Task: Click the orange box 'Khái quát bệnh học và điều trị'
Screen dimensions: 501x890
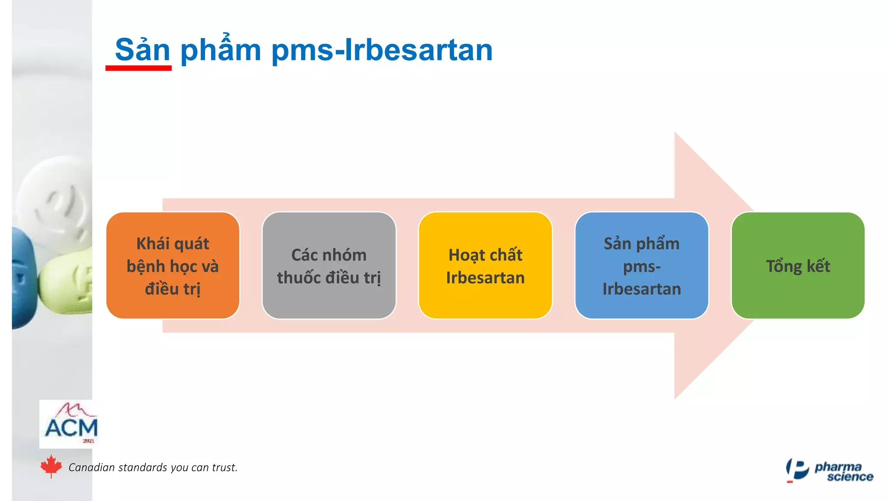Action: tap(173, 266)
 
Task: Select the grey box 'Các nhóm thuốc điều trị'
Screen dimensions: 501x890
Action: tap(329, 266)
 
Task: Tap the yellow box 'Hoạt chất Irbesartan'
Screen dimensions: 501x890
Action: tap(485, 266)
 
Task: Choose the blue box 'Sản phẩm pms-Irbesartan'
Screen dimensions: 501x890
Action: tap(641, 266)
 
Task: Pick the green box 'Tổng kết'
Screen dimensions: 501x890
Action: tap(798, 266)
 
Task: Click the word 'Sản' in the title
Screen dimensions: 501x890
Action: tap(142, 50)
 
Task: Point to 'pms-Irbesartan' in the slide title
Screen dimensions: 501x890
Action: tap(382, 50)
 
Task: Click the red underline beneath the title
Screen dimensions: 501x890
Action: tap(138, 68)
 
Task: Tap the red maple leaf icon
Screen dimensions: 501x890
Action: tap(51, 467)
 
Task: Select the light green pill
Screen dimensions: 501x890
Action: tap(67, 283)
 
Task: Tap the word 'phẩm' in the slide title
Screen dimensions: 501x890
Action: tap(221, 50)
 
